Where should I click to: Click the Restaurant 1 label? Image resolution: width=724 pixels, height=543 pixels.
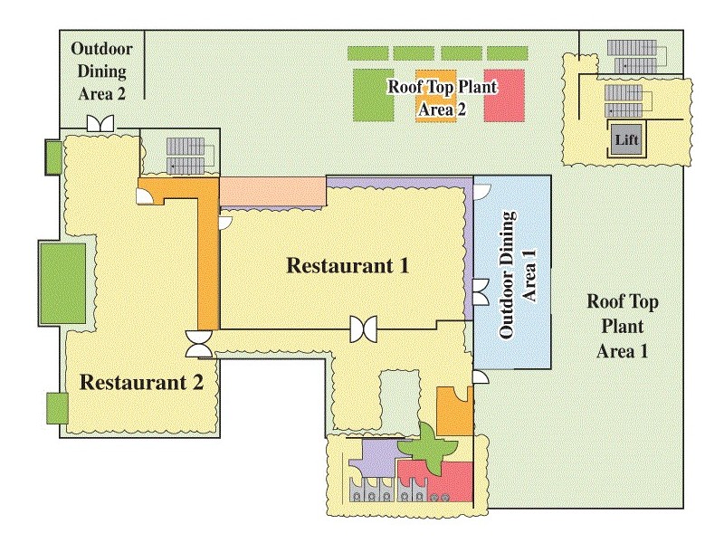click(x=348, y=266)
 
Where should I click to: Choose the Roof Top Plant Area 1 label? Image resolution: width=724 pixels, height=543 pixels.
click(x=622, y=327)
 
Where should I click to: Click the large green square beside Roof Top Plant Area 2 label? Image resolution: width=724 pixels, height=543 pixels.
click(x=373, y=94)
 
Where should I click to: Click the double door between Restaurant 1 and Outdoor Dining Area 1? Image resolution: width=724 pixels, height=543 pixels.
click(x=480, y=291)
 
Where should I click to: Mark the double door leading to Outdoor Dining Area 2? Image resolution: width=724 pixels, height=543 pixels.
click(x=99, y=123)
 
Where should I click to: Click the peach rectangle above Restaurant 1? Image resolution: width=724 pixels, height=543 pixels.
click(x=272, y=191)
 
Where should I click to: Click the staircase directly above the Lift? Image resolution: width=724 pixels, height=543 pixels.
click(x=623, y=94)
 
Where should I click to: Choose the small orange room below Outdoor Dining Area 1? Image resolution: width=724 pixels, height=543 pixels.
click(x=452, y=411)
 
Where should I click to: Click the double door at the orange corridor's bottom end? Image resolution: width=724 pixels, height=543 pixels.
click(x=199, y=343)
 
